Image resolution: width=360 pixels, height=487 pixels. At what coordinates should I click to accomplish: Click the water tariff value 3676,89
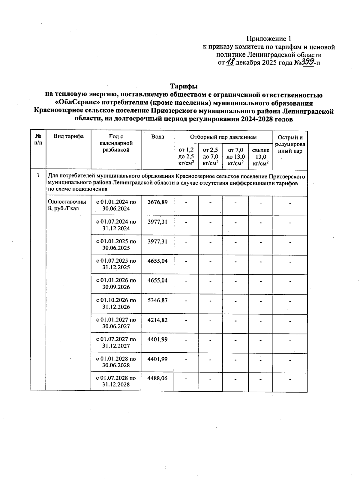pyautogui.click(x=157, y=202)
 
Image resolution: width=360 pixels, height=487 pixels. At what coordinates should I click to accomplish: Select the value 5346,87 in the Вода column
pyautogui.click(x=157, y=300)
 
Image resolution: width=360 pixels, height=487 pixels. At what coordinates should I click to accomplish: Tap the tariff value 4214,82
pyautogui.click(x=157, y=320)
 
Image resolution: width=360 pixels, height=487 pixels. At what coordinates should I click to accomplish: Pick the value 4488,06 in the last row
pyautogui.click(x=157, y=378)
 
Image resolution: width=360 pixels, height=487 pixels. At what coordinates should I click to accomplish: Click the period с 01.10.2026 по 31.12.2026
pyautogui.click(x=116, y=303)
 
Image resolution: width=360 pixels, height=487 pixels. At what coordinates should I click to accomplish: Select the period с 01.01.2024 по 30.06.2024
pyautogui.click(x=116, y=205)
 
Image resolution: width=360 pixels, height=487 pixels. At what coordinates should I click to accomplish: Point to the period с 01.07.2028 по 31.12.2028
pyautogui.click(x=116, y=381)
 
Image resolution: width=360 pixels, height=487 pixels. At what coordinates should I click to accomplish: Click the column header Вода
pyautogui.click(x=157, y=137)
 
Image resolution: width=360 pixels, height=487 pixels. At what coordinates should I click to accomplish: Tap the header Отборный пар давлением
pyautogui.click(x=223, y=137)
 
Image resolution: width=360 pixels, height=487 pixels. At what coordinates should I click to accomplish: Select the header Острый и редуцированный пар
pyautogui.click(x=290, y=144)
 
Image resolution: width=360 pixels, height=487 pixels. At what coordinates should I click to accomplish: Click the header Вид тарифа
pyautogui.click(x=68, y=136)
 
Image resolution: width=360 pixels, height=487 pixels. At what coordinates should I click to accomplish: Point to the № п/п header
pyautogui.click(x=38, y=139)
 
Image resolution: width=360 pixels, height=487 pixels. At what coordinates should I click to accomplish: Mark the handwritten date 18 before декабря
pyautogui.click(x=230, y=62)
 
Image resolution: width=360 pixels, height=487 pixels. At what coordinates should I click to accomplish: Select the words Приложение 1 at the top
pyautogui.click(x=269, y=39)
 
